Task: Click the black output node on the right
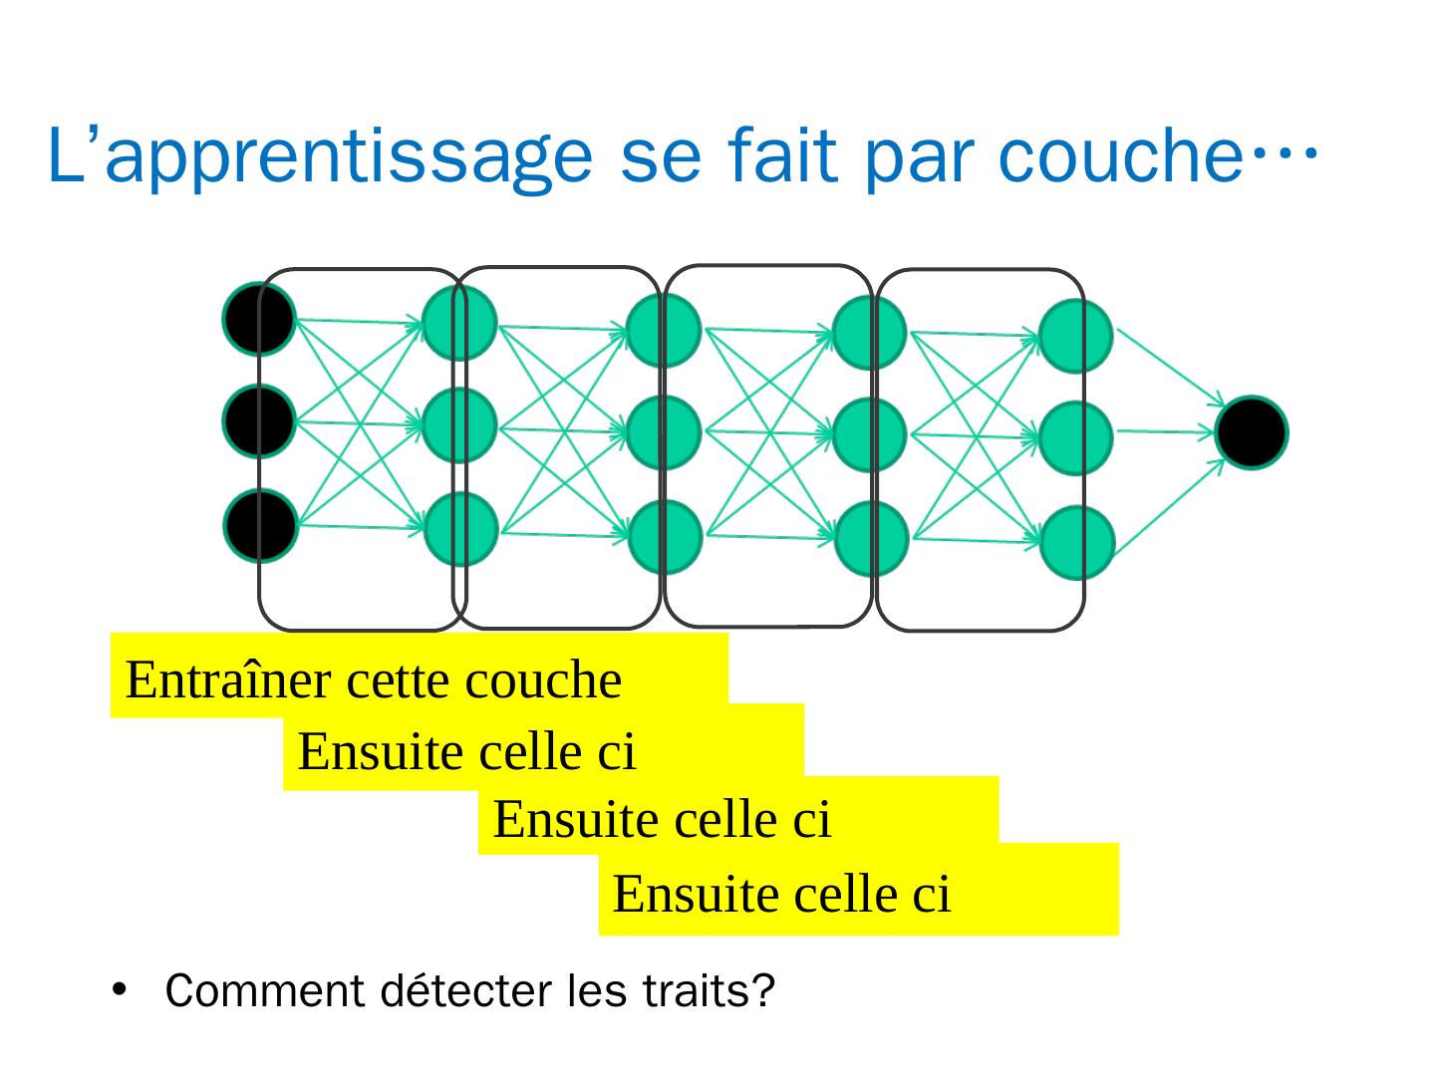[x=1252, y=432]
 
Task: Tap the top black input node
[x=259, y=319]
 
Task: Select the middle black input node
[x=259, y=421]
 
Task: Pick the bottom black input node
[x=259, y=525]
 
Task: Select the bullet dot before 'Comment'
[x=121, y=990]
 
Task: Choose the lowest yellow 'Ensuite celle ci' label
[x=782, y=893]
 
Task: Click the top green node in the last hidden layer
[x=1076, y=336]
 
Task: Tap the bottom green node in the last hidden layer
[x=1076, y=543]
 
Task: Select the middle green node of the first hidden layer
[x=459, y=424]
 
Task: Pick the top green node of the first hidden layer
[x=459, y=323]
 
